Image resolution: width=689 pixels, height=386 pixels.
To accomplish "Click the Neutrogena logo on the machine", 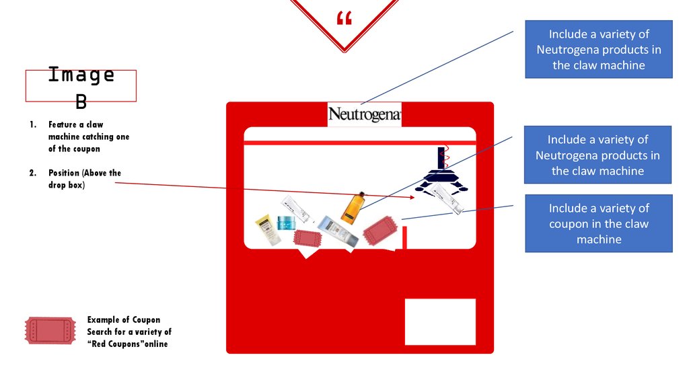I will click(x=364, y=114).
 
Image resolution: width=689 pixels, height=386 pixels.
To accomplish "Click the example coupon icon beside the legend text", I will click(x=49, y=331).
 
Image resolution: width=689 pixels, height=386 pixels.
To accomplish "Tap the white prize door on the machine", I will click(x=440, y=321).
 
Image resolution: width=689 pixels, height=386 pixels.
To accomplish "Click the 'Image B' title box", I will click(x=81, y=85).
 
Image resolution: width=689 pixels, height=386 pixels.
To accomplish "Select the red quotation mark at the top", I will click(x=343, y=18).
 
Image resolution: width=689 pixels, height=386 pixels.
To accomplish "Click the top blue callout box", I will click(x=598, y=49).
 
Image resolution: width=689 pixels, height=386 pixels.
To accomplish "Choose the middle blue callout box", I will click(x=597, y=155).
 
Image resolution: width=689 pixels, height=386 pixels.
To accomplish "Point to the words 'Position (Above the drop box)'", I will click(x=84, y=178).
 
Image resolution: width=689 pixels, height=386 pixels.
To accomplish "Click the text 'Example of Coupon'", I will click(x=124, y=319).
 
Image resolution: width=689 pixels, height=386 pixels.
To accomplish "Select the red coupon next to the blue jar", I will click(x=307, y=238).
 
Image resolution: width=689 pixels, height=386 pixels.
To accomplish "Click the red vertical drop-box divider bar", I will click(x=405, y=238).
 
